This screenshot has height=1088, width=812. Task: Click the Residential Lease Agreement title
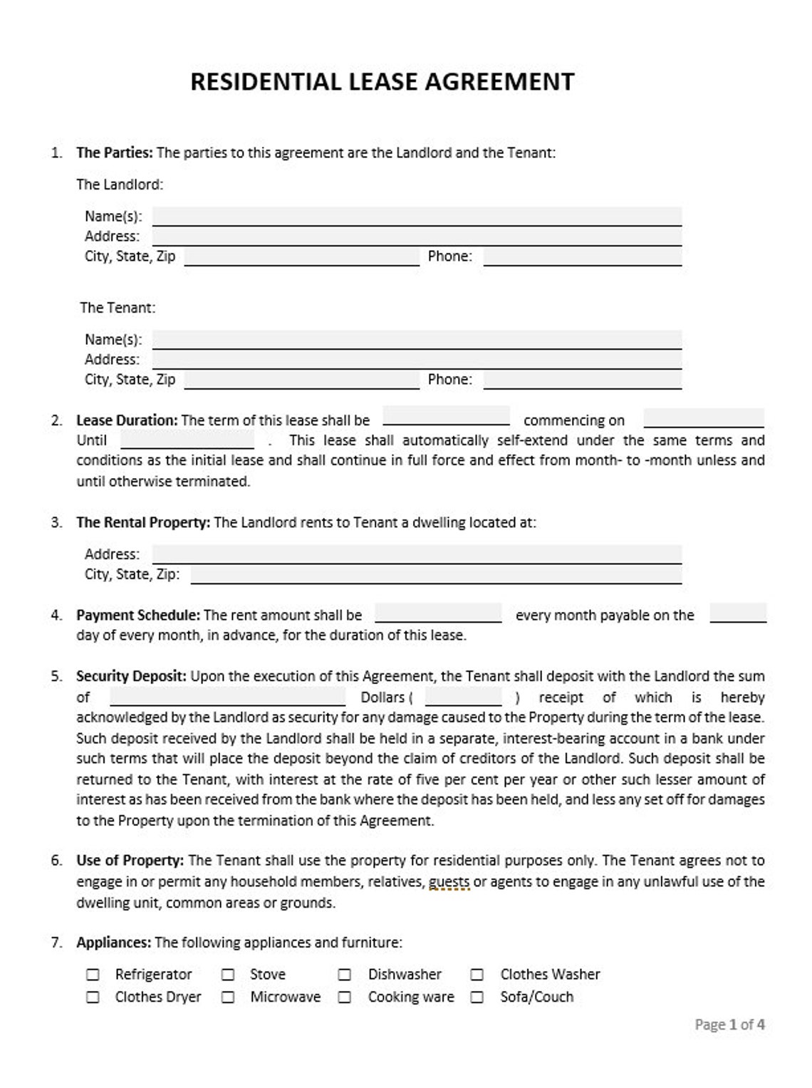382,82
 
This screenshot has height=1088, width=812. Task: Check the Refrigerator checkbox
93,974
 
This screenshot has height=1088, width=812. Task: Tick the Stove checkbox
228,974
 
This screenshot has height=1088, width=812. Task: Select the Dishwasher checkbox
345,974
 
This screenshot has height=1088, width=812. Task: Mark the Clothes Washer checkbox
477,974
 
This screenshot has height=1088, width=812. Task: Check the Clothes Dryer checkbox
93,997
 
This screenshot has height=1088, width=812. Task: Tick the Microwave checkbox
228,997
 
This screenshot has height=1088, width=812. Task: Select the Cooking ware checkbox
345,997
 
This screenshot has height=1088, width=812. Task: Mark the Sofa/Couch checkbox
477,997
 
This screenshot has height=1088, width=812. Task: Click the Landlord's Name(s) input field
417,216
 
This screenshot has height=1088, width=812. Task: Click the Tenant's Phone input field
582,379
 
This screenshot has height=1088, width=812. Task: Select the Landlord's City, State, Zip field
301,257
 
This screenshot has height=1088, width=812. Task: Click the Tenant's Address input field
417,359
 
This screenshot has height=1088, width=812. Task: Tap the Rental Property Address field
417,554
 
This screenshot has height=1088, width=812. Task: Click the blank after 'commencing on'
703,419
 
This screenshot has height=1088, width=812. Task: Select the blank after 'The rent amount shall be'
438,613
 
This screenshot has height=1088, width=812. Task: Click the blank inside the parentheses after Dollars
463,697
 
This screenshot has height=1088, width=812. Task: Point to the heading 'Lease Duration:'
127,420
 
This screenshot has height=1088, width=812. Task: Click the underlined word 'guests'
449,881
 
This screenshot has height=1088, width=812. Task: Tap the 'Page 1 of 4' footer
729,1025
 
